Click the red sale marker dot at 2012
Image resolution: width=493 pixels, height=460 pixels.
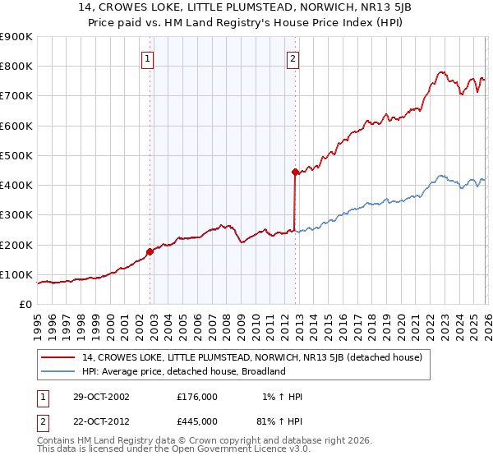pyautogui.click(x=294, y=172)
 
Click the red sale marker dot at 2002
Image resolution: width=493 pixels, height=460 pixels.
pyautogui.click(x=150, y=251)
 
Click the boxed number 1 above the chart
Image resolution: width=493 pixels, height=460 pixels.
pyautogui.click(x=147, y=58)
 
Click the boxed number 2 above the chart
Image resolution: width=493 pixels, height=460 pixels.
pyautogui.click(x=293, y=58)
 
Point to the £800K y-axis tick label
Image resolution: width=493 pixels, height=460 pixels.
pyautogui.click(x=16, y=67)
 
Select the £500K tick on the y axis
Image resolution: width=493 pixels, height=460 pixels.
pyautogui.click(x=16, y=155)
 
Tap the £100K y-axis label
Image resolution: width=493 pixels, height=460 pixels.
pyautogui.click(x=16, y=274)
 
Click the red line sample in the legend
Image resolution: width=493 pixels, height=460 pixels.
pyautogui.click(x=58, y=357)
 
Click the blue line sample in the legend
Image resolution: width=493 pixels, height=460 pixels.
pyautogui.click(x=58, y=371)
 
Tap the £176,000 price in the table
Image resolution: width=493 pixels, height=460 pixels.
pyautogui.click(x=196, y=397)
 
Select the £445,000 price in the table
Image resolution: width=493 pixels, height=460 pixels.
pyautogui.click(x=196, y=421)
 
